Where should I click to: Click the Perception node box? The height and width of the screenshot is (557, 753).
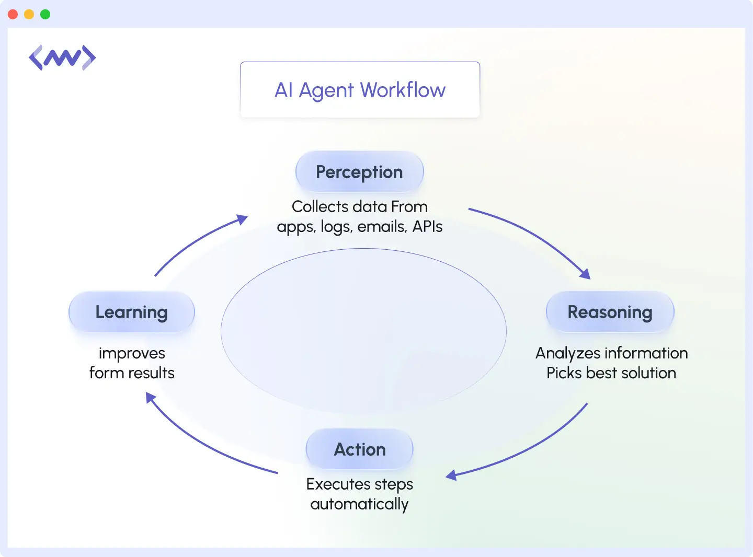[359, 172]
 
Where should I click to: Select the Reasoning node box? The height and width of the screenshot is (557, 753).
[610, 312]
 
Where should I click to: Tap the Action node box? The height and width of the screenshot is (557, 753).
[360, 449]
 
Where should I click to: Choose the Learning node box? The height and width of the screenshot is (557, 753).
[131, 312]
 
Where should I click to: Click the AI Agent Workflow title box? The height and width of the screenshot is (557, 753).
[360, 90]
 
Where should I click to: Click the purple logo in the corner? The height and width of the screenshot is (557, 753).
[62, 57]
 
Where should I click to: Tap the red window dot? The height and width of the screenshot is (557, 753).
[13, 14]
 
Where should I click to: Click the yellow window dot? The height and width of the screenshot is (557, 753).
[29, 14]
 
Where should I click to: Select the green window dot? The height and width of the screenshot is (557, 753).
[45, 14]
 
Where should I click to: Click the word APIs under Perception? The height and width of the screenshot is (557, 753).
[427, 227]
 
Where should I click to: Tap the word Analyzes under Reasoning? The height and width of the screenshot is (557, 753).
[568, 354]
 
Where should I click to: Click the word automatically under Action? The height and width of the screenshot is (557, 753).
[359, 504]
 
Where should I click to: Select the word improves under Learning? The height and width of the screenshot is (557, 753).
[132, 354]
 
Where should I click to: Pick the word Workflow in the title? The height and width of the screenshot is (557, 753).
[403, 90]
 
